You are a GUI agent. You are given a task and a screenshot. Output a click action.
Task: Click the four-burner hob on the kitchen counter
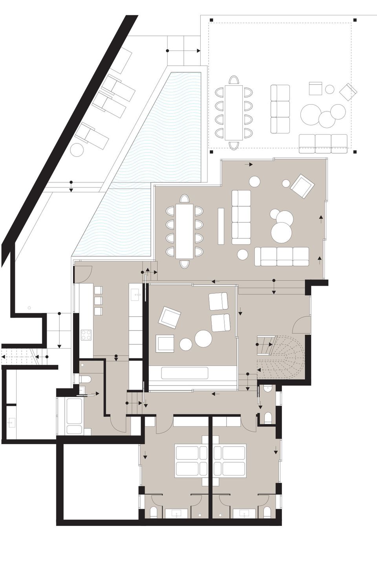click(86, 335)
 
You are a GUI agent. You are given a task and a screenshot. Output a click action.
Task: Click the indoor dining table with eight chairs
click(184, 231)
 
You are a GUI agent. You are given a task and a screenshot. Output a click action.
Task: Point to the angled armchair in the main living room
click(302, 186)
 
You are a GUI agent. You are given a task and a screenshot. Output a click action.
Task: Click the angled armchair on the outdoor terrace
click(348, 92)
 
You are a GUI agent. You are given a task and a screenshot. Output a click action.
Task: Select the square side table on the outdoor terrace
click(315, 88)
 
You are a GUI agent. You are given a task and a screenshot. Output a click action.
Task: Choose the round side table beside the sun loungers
click(77, 149)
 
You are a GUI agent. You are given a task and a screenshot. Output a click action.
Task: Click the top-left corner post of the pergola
click(211, 20)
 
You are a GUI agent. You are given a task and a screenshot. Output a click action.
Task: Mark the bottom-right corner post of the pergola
click(355, 151)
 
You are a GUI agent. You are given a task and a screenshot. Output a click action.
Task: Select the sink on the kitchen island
click(137, 293)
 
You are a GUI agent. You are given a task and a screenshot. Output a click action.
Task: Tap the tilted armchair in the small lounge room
click(169, 317)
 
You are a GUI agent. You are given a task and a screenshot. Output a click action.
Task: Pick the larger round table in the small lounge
click(203, 338)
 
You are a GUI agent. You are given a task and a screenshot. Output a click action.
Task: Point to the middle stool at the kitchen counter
click(98, 301)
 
